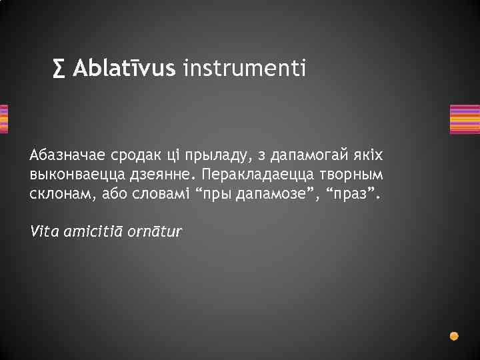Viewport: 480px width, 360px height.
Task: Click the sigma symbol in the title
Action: point(61,68)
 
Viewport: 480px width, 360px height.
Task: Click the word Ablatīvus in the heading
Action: point(124,68)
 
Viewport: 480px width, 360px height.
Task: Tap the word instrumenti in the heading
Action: point(244,68)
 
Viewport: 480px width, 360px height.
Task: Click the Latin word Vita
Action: point(43,231)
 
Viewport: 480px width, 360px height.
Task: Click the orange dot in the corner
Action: point(454,335)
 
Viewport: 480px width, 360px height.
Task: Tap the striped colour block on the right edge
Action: point(464,119)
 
